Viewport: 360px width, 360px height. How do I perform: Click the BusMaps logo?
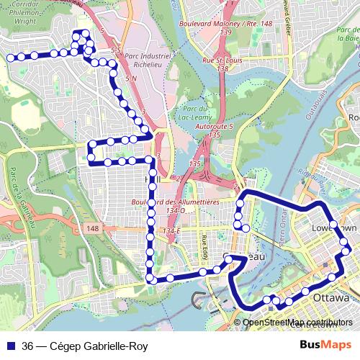tap(325, 346)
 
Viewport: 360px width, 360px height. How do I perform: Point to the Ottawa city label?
tap(330, 297)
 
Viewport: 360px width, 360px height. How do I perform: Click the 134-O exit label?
tap(176, 211)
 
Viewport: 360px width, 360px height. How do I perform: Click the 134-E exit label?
tap(171, 230)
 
